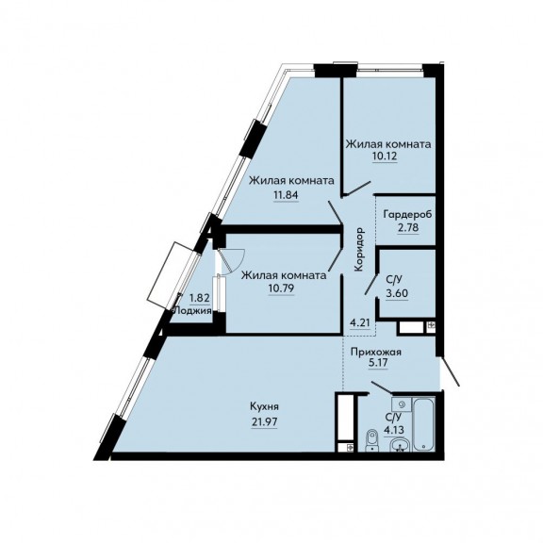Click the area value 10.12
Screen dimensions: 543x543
click(385, 156)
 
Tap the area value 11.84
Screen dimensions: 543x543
click(286, 195)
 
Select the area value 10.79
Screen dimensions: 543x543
click(282, 288)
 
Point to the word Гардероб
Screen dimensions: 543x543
click(407, 215)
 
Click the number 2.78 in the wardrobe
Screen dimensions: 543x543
click(408, 228)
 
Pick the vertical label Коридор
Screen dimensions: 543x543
click(359, 249)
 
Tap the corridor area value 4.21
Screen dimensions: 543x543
click(360, 323)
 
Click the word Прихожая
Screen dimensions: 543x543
click(376, 353)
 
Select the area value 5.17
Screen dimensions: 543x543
click(378, 363)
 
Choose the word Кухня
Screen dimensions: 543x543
click(264, 407)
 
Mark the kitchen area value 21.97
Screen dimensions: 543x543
click(264, 422)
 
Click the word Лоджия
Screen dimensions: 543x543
click(192, 311)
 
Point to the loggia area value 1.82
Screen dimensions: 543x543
click(200, 298)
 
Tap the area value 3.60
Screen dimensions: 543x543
click(397, 293)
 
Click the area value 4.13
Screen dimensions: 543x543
click(394, 431)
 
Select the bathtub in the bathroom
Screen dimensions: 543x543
click(424, 424)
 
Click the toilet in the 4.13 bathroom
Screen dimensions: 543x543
click(372, 440)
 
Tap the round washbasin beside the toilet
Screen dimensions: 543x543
click(401, 445)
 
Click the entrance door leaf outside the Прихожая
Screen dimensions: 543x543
click(450, 371)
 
